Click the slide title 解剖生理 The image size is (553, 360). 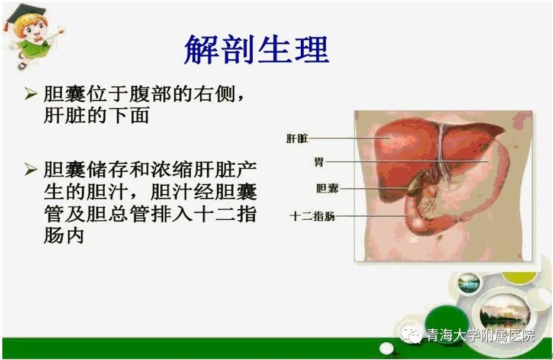[x=257, y=49]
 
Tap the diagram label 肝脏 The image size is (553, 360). [x=297, y=139]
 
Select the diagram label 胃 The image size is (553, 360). [x=319, y=162]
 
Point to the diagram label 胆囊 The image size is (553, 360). [x=327, y=188]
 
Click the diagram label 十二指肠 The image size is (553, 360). [x=313, y=216]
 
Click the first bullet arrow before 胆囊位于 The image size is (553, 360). [x=31, y=94]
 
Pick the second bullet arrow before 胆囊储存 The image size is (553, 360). [x=31, y=169]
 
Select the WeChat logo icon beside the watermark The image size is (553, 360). [x=411, y=335]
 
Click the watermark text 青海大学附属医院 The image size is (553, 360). [x=480, y=335]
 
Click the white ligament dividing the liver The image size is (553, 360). [x=442, y=148]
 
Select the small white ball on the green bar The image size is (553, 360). [x=387, y=348]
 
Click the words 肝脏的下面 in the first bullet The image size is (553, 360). [x=97, y=115]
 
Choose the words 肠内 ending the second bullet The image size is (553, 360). [x=64, y=235]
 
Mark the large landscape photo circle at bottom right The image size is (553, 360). [x=505, y=312]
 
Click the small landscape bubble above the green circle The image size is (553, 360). [x=469, y=284]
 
